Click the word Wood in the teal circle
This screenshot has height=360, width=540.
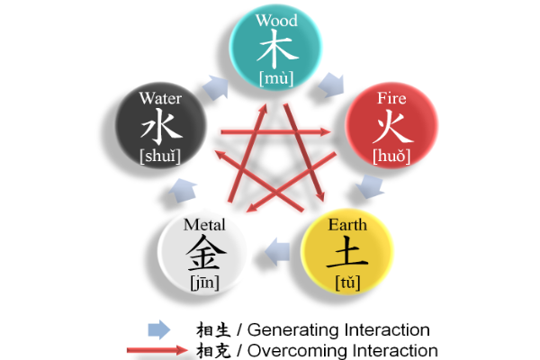coord(276,21)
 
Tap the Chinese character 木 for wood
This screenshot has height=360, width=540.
coord(277,49)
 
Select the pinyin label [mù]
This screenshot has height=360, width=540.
coord(276,78)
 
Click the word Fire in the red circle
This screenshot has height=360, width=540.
coord(391,98)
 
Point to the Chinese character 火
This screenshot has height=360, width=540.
coord(392,127)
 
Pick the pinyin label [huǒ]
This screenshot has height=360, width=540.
coord(391,156)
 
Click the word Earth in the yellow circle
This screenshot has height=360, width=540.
coord(347,225)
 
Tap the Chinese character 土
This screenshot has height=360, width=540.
coord(347,252)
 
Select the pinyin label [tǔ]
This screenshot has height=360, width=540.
coord(347,283)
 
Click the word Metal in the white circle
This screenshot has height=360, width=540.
coord(204,225)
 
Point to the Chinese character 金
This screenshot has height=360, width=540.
coord(205,253)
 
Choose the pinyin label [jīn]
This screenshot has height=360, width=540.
coord(205,283)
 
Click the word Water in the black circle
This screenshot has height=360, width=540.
coord(160,98)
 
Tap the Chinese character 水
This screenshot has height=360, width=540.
coord(161,126)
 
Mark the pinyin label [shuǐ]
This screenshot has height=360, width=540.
coord(160,156)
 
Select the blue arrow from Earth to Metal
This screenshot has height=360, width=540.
coord(277,252)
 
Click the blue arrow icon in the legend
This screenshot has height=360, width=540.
coord(158,329)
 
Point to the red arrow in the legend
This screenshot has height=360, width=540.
coord(157,350)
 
